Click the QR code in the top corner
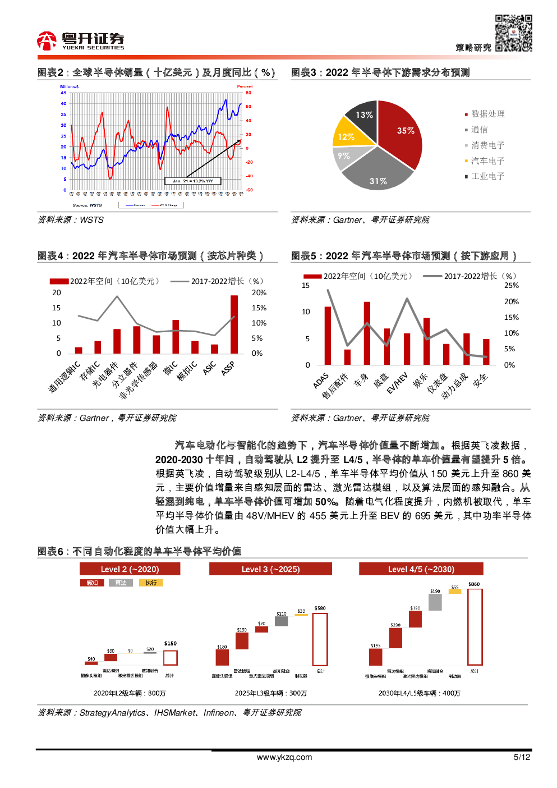click(513, 33)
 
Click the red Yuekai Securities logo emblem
click(47, 41)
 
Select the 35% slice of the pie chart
click(401, 132)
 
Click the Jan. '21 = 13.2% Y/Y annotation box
click(193, 181)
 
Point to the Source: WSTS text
click(88, 205)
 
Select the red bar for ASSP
click(234, 324)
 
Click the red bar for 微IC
click(176, 337)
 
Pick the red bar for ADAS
click(328, 336)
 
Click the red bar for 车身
click(367, 333)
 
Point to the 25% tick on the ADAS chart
click(511, 286)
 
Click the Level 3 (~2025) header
click(270, 569)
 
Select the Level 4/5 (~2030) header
click(421, 569)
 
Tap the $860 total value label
click(474, 584)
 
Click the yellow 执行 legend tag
click(151, 583)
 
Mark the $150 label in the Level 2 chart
click(171, 644)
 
